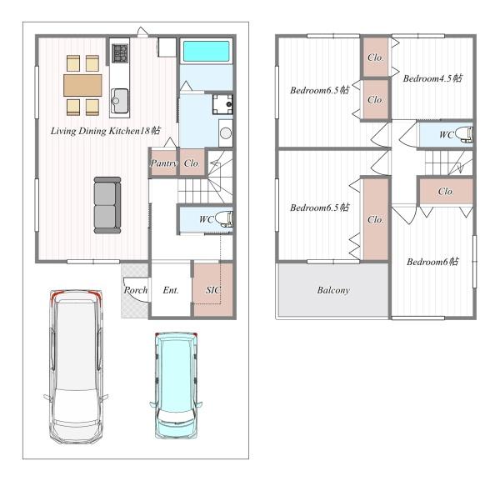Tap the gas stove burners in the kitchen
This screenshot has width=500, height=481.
coord(120,53)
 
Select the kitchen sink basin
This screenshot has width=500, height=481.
coord(120,101)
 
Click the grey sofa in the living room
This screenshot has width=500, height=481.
coord(107,205)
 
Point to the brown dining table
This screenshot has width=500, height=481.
coord(82,86)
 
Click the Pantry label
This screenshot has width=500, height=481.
coord(163,163)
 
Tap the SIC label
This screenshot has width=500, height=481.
coord(213,290)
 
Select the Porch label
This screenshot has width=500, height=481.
coord(136,290)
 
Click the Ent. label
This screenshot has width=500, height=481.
coord(171,290)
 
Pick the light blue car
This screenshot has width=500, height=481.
coord(176,386)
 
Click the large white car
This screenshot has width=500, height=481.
coord(76,367)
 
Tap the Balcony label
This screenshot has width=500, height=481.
coord(333,290)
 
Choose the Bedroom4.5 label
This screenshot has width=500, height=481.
coord(432,78)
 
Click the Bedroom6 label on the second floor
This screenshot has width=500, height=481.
coord(432,263)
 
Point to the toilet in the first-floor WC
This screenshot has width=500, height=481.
coord(224,219)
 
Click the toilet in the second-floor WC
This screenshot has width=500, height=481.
coord(464,134)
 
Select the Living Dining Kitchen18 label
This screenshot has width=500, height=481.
coord(106,131)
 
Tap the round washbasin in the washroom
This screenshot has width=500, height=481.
coord(226,133)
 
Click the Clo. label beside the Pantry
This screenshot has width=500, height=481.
coord(192,163)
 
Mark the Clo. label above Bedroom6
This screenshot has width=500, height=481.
coord(446,192)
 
